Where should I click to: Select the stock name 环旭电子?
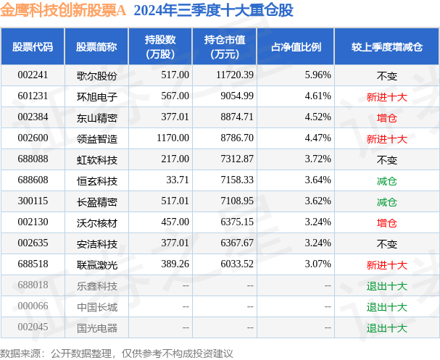point(96,96)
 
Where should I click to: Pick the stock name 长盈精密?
point(96,201)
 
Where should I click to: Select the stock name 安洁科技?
point(96,243)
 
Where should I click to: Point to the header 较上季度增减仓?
point(386,47)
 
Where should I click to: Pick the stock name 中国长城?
point(96,306)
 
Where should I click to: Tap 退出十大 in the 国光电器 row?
point(386,327)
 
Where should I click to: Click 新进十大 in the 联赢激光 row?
point(386,264)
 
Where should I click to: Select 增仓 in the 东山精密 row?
point(386,117)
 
